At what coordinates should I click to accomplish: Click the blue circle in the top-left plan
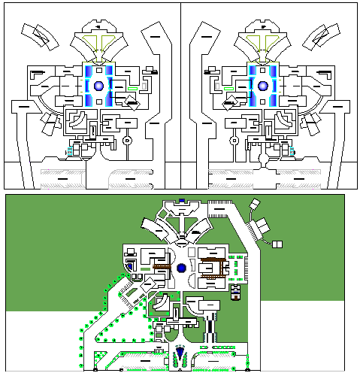click(98, 86)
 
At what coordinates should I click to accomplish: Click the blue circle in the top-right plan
click(262, 86)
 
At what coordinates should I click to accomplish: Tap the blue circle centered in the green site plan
click(181, 268)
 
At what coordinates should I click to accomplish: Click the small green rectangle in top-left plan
click(133, 88)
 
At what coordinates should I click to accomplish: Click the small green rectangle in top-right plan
click(228, 88)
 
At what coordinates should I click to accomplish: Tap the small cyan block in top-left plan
click(71, 150)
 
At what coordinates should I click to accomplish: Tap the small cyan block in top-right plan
click(291, 150)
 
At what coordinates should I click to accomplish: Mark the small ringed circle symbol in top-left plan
click(127, 140)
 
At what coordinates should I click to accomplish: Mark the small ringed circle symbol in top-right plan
click(234, 140)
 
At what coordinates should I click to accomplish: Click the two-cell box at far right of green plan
click(277, 243)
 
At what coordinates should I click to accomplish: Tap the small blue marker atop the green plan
click(181, 200)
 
